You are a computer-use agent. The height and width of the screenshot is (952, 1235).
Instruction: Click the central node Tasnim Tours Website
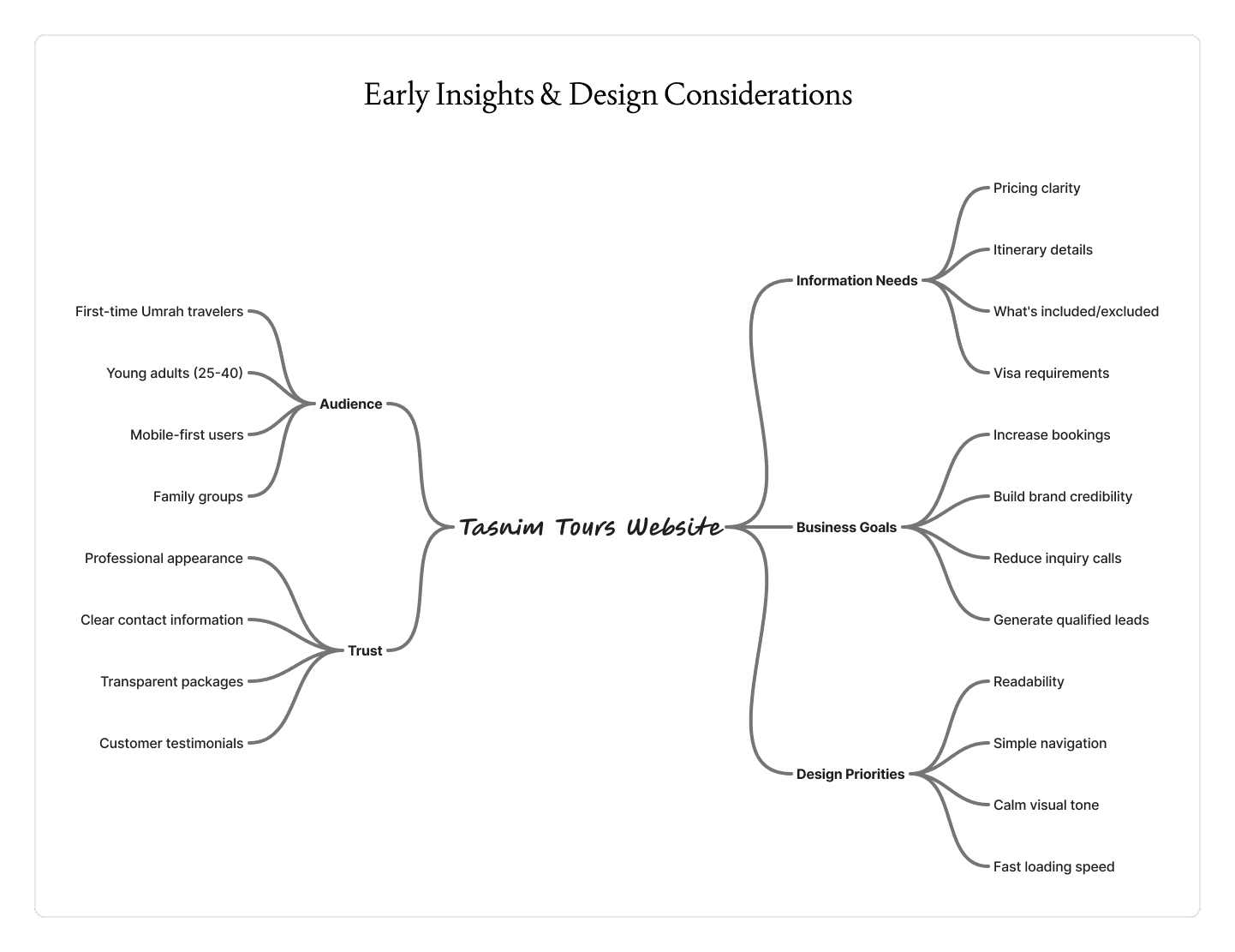point(590,527)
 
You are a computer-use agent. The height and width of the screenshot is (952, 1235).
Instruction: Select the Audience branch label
point(350,404)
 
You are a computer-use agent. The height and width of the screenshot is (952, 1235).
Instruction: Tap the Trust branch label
point(365,650)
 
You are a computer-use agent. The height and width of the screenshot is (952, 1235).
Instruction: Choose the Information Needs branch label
point(856,280)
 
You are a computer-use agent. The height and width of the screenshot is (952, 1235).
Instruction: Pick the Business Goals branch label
point(846,527)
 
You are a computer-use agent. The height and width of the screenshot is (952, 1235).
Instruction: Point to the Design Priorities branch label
point(850,774)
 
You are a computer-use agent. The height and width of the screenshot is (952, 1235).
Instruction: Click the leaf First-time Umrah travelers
point(159,311)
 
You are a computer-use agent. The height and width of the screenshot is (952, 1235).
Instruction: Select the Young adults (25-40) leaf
point(175,373)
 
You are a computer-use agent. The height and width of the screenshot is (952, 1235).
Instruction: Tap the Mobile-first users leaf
point(187,434)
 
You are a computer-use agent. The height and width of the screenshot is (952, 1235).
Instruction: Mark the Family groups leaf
point(198,496)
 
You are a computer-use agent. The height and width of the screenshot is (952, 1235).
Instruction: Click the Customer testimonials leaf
point(171,743)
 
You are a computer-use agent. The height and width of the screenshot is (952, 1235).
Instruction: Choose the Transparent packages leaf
point(171,681)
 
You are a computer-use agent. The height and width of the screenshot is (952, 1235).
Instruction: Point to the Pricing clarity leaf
point(1036,188)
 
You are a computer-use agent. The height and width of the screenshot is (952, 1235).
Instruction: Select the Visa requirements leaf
point(1051,373)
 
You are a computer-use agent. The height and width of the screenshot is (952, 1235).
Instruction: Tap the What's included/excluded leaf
point(1076,311)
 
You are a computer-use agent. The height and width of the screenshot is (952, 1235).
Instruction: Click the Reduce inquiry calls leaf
point(1057,558)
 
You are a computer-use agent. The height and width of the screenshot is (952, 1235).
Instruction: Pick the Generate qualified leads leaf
point(1071,620)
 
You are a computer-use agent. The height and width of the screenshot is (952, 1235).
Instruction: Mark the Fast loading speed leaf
point(1053,866)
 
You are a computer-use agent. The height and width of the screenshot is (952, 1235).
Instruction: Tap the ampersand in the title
point(551,94)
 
